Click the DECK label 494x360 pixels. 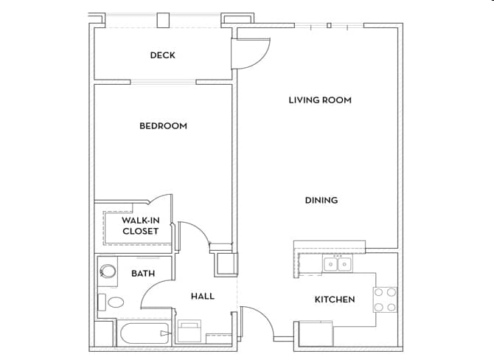[162, 55]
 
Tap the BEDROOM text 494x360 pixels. [163, 125]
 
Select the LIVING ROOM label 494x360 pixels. [319, 100]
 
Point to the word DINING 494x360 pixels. [321, 200]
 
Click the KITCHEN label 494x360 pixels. [335, 300]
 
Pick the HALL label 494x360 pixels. [203, 297]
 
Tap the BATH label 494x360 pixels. [143, 274]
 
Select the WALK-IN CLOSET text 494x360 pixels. [140, 226]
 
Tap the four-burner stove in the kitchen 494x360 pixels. [385, 300]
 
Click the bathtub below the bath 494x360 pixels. [145, 334]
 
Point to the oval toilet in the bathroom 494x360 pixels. [116, 302]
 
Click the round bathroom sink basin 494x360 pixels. [108, 271]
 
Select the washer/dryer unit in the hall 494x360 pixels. [189, 330]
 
